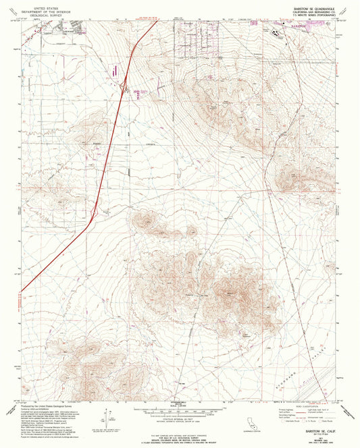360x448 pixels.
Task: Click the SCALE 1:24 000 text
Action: [x=180, y=404]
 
